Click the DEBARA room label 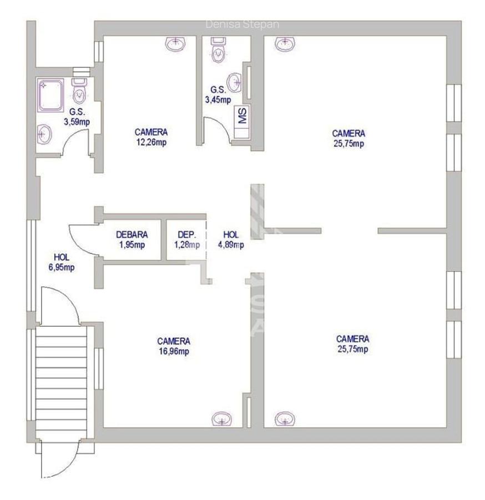(x=131, y=234)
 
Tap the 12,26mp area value (x=151, y=142)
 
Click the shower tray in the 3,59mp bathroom (x=52, y=93)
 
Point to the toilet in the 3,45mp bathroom (x=219, y=52)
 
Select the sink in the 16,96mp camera (x=223, y=419)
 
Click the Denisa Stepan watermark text (x=243, y=24)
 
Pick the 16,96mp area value (x=174, y=351)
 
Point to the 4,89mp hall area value (x=230, y=244)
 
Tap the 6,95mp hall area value (x=61, y=267)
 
